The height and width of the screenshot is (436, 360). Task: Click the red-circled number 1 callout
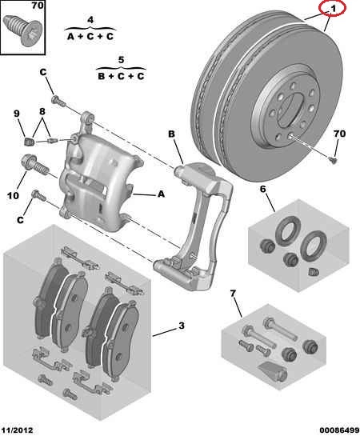pyautogui.click(x=333, y=9)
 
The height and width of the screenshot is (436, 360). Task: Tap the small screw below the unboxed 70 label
pyautogui.click(x=333, y=160)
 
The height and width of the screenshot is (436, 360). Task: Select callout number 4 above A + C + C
pyautogui.click(x=90, y=20)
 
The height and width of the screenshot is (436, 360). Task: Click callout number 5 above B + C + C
pyautogui.click(x=121, y=60)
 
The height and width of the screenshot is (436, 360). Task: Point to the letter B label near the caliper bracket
pyautogui.click(x=171, y=134)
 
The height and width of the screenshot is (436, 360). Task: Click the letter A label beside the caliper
pyautogui.click(x=161, y=194)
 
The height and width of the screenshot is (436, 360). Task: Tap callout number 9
pyautogui.click(x=17, y=113)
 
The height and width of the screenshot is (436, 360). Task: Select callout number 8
pyautogui.click(x=42, y=111)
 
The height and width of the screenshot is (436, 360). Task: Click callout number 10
pyautogui.click(x=13, y=195)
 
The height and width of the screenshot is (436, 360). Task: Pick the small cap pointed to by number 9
pyautogui.click(x=29, y=142)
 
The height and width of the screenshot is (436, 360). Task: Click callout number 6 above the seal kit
pyautogui.click(x=262, y=189)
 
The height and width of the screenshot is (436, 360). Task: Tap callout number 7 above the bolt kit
pyautogui.click(x=233, y=293)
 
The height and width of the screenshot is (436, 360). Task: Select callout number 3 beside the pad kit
pyautogui.click(x=182, y=326)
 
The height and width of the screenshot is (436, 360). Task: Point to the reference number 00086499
pyautogui.click(x=339, y=430)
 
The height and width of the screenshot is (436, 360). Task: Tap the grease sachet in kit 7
pyautogui.click(x=274, y=372)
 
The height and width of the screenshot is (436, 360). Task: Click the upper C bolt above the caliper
pyautogui.click(x=58, y=101)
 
